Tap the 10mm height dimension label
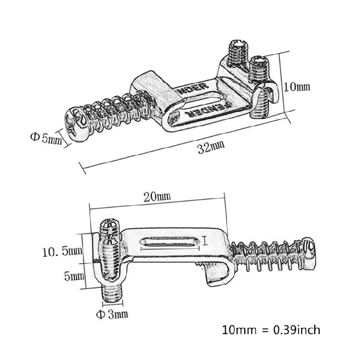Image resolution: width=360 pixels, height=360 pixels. (297, 87)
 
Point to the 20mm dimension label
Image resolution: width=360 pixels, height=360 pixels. (157, 196)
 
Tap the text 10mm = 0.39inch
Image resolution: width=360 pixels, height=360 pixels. (271, 330)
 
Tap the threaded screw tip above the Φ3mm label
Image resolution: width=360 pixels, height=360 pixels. (112, 292)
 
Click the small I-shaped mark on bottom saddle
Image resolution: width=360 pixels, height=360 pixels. (205, 240)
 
